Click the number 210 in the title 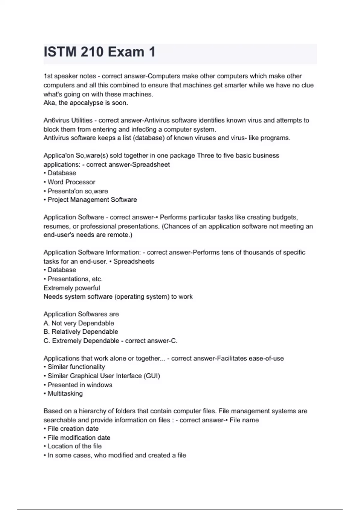(x=92, y=52)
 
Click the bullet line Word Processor (x=71, y=182)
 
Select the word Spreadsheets (x=134, y=261)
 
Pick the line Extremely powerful (x=72, y=288)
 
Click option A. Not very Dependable (x=79, y=323)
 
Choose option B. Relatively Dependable (x=81, y=332)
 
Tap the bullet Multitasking (x=65, y=394)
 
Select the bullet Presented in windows (x=80, y=385)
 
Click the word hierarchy (x=91, y=411)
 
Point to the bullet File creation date (x=73, y=429)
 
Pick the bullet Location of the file (x=74, y=446)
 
